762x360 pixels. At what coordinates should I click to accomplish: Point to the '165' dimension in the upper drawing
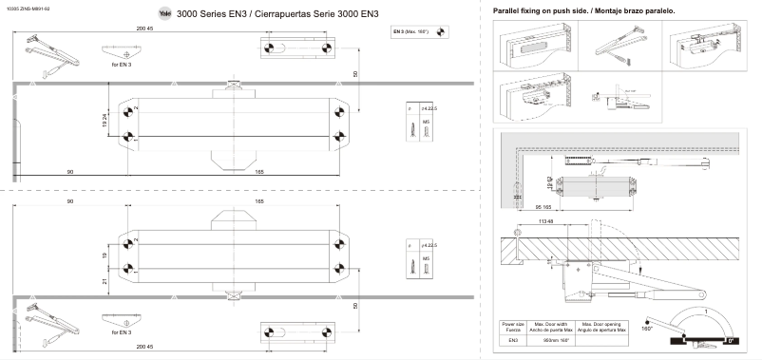(x=259, y=172)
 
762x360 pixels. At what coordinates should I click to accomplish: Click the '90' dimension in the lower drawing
(x=71, y=202)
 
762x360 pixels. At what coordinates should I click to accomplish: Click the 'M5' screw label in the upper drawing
(x=426, y=123)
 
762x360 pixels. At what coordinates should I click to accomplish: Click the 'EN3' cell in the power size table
(x=513, y=338)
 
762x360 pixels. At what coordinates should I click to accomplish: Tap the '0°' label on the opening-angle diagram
(x=730, y=339)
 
